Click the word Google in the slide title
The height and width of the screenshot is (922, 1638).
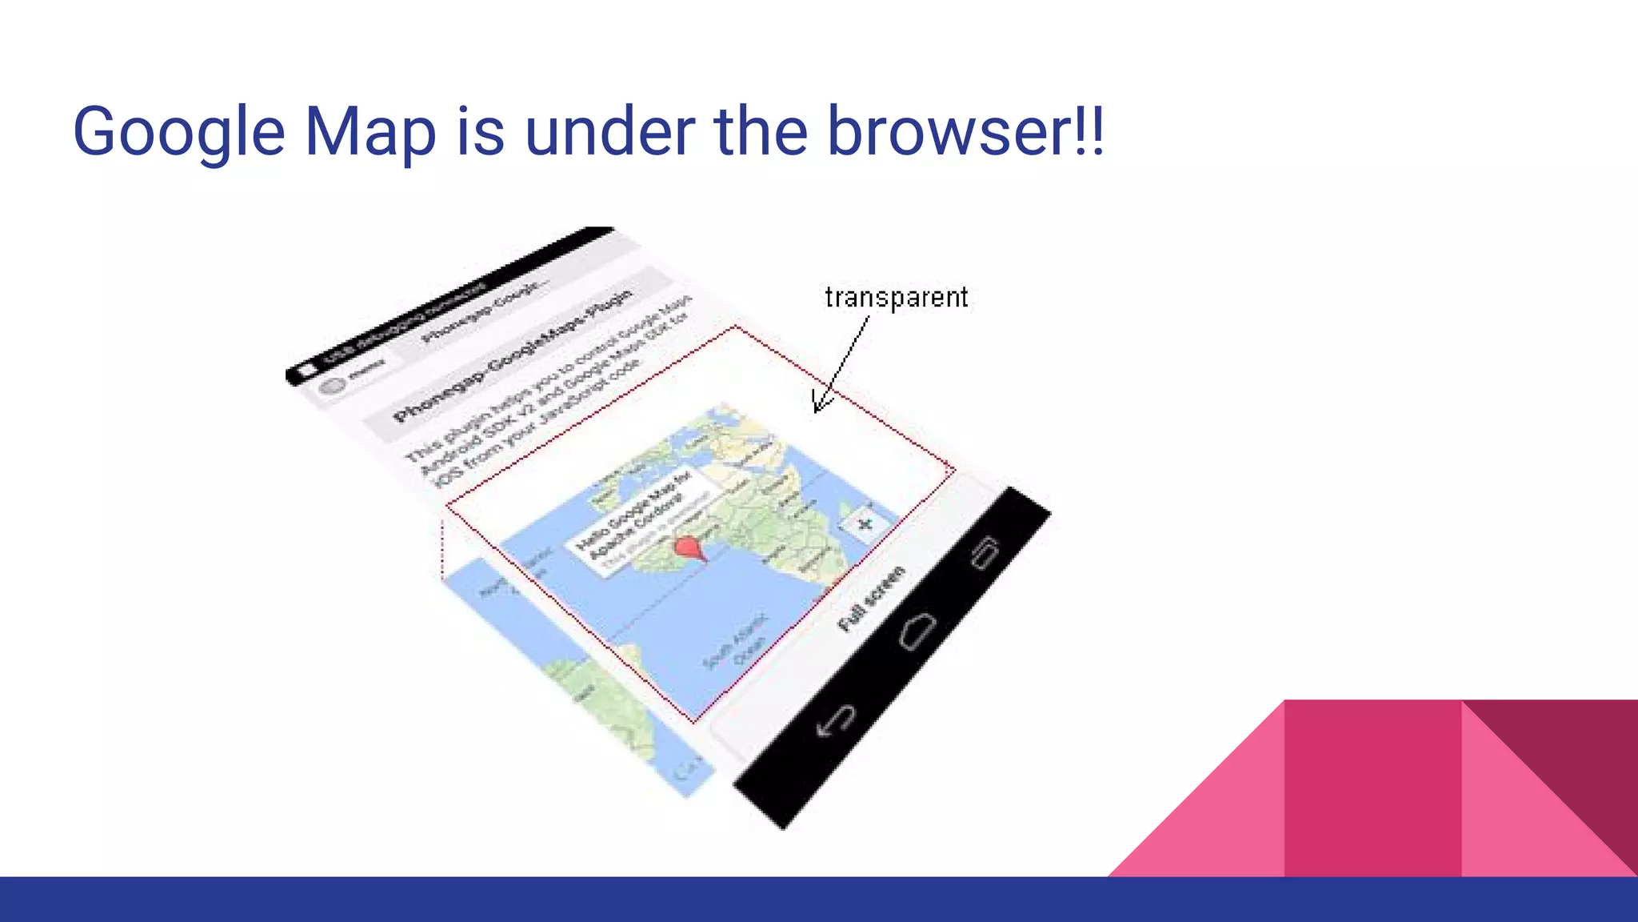178,132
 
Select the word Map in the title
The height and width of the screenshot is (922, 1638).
370,132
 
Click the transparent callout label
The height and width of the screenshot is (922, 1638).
896,298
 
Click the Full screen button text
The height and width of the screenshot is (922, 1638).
872,598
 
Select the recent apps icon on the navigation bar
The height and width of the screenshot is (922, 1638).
985,551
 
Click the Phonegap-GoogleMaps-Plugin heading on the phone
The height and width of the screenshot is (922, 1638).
512,356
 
